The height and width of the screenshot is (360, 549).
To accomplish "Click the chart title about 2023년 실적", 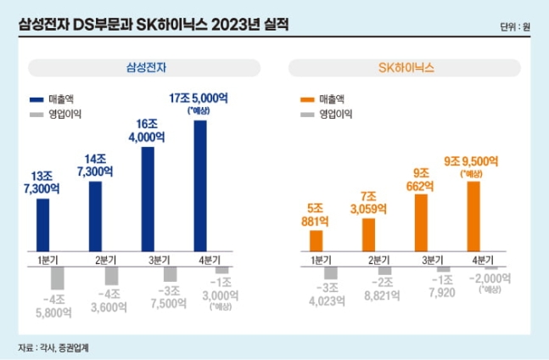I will [153, 25].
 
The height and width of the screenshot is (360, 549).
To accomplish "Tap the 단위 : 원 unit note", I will [515, 26].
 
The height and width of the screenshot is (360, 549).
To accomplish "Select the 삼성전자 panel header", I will [141, 67].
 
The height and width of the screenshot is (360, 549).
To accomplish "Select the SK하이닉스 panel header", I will [404, 67].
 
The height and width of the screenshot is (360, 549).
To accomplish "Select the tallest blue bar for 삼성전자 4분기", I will [201, 185].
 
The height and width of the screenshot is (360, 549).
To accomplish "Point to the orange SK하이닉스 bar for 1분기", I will [317, 241].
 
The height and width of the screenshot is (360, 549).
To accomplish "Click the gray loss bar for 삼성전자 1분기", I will [59, 278].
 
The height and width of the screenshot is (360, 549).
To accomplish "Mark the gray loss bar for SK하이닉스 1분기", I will [330, 273].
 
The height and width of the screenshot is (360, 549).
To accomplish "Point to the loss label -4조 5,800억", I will [53, 305].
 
